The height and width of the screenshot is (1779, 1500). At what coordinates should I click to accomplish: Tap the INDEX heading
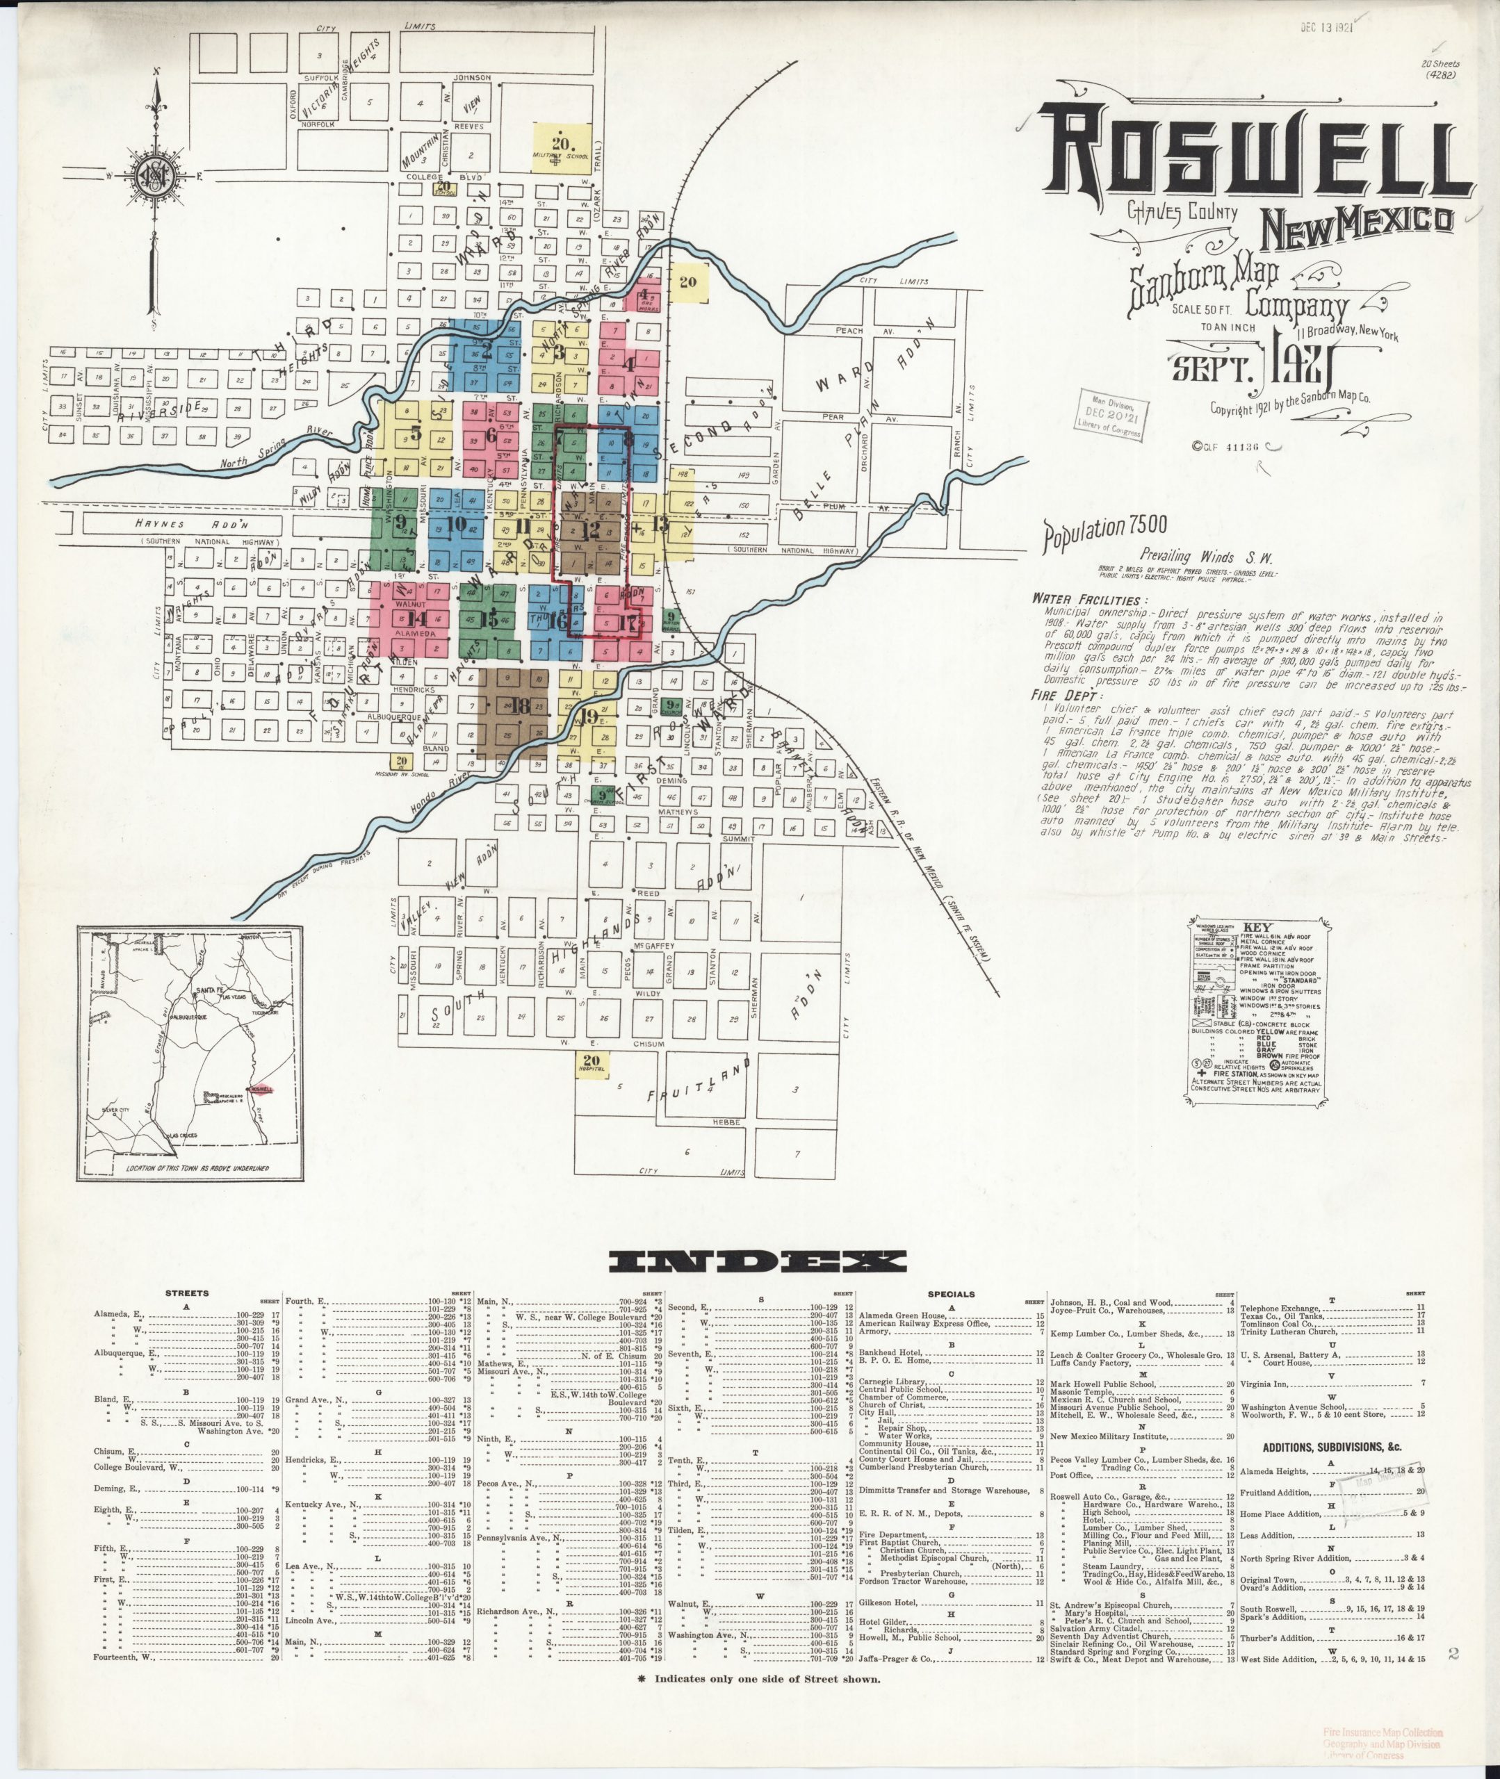(x=758, y=1261)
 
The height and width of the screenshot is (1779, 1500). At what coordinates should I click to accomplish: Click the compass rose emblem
(x=157, y=177)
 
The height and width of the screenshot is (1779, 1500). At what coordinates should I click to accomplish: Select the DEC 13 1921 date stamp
(x=1325, y=26)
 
